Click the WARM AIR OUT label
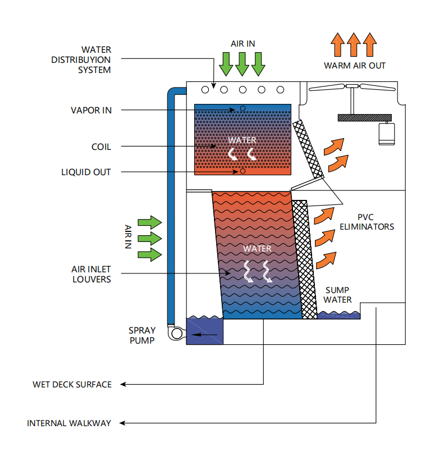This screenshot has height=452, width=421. tap(355, 66)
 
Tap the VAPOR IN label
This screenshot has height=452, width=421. tap(91, 111)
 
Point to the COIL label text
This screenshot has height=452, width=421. tap(101, 147)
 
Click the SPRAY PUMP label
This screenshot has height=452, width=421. tap(141, 335)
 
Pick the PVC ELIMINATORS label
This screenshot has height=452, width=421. tap(367, 222)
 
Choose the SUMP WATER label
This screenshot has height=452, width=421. tap(338, 295)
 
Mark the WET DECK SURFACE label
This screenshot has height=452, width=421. tap(72, 385)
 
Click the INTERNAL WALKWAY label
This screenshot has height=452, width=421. tap(69, 423)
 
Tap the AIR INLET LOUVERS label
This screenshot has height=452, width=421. tap(91, 274)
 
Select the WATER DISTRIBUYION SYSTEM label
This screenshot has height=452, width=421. tap(89, 60)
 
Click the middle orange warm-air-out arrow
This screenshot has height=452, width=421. tap(353, 44)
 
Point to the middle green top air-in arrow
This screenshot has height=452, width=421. tap(242, 63)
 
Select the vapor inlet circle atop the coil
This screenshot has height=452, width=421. tap(242, 108)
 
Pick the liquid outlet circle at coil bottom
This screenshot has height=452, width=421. tap(242, 171)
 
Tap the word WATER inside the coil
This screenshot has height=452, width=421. tap(242, 140)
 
